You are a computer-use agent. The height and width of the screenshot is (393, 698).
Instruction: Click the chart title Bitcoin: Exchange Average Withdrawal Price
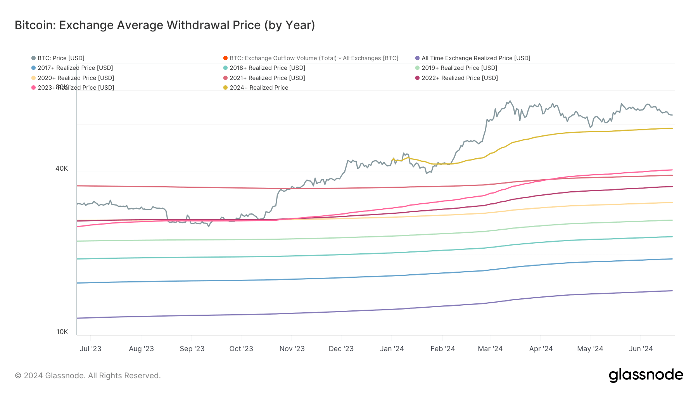(x=165, y=25)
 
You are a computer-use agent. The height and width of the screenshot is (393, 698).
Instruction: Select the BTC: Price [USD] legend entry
(x=60, y=58)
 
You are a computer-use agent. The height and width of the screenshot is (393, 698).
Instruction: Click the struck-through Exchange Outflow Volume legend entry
(x=313, y=58)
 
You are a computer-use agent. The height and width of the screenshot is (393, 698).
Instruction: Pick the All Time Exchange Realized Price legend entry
(x=475, y=58)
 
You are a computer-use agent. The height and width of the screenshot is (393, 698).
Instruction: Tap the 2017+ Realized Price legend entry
(x=75, y=68)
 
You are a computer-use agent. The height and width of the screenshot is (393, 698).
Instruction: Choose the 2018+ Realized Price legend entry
(x=267, y=68)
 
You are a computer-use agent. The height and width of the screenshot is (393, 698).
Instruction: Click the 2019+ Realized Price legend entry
(x=459, y=68)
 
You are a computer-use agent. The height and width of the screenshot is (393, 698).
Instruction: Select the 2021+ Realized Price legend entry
(x=267, y=78)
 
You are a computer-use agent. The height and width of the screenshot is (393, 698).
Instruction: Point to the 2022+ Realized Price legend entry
(x=459, y=78)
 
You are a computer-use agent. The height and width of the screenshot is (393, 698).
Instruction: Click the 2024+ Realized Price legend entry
(x=259, y=88)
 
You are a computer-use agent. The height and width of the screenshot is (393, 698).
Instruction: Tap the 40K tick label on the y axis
(x=62, y=168)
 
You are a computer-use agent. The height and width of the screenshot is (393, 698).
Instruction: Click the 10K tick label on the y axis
(x=62, y=332)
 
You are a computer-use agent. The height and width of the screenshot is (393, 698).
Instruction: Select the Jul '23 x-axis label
(x=90, y=349)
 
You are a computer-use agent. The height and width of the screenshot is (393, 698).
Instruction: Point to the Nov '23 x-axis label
(x=292, y=349)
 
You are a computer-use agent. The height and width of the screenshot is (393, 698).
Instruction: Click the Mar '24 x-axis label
(x=490, y=349)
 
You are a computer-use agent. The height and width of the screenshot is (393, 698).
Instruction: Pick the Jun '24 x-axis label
(x=641, y=349)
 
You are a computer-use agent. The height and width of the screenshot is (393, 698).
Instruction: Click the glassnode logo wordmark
(x=646, y=375)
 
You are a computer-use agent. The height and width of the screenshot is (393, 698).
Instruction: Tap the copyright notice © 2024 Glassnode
(x=88, y=376)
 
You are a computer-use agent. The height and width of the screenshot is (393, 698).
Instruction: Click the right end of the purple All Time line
(x=672, y=291)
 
